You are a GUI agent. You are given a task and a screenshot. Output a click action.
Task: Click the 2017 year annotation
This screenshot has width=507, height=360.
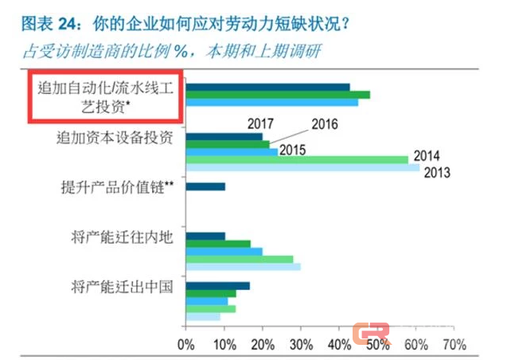259,123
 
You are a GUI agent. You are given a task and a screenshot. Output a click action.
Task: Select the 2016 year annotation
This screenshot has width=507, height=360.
325,124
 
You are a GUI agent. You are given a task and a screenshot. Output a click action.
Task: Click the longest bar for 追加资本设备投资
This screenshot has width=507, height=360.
302,168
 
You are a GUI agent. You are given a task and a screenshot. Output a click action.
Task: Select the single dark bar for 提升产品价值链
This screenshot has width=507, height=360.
205,187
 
